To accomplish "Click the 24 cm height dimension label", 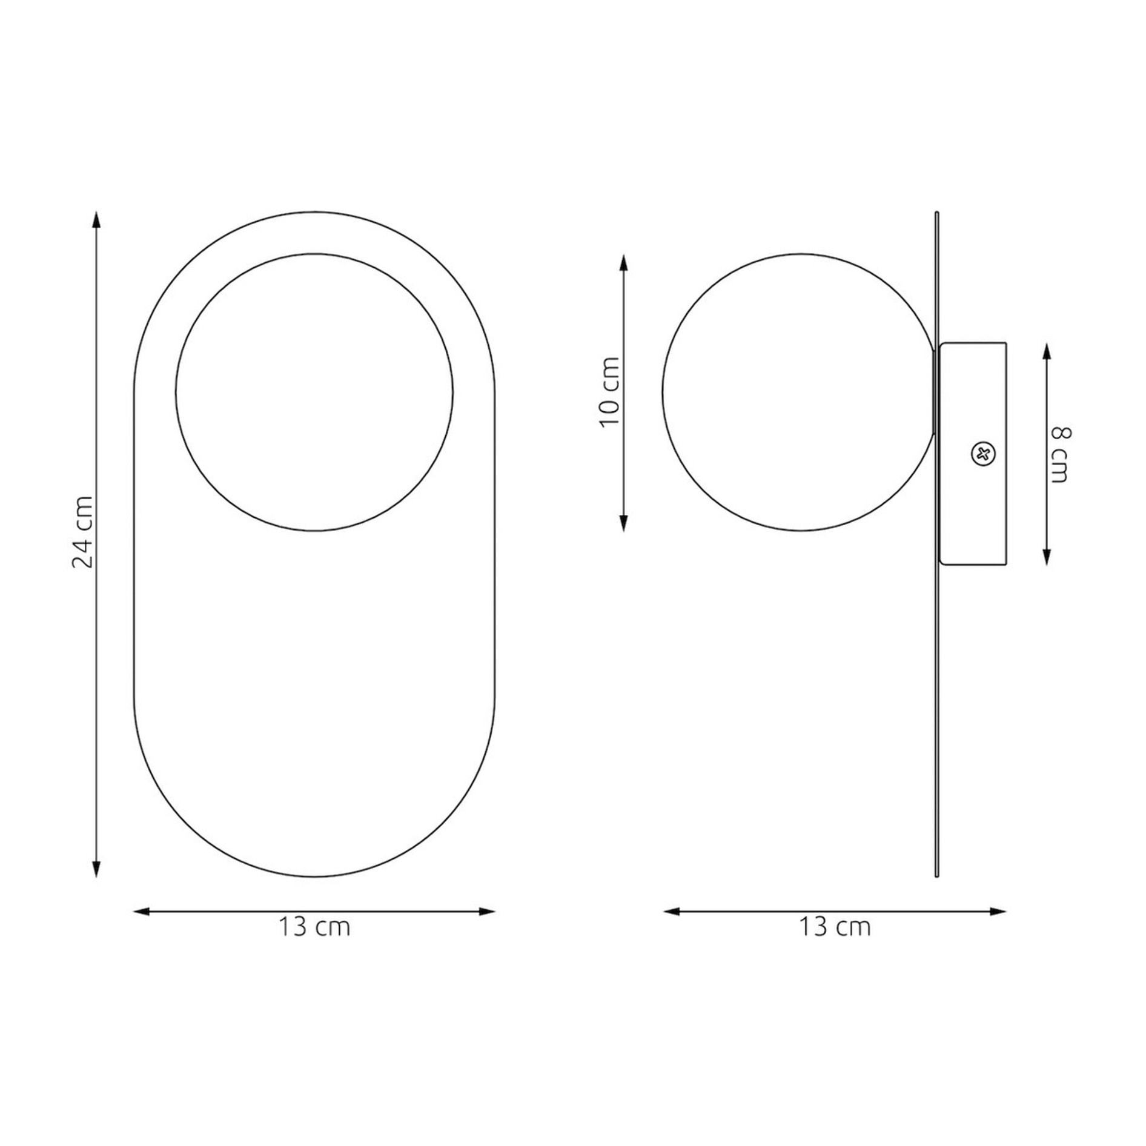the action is (83, 532).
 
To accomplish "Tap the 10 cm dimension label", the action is (610, 392).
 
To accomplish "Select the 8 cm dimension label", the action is (1060, 454).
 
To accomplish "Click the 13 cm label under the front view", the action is (314, 927).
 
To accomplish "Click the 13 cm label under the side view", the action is (835, 927).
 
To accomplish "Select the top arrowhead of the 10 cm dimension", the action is (624, 262).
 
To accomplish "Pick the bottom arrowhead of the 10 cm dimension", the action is (624, 523).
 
